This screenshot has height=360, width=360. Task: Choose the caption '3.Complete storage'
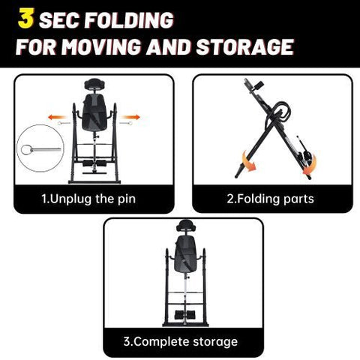point(180,341)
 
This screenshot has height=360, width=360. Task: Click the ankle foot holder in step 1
point(94,162)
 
